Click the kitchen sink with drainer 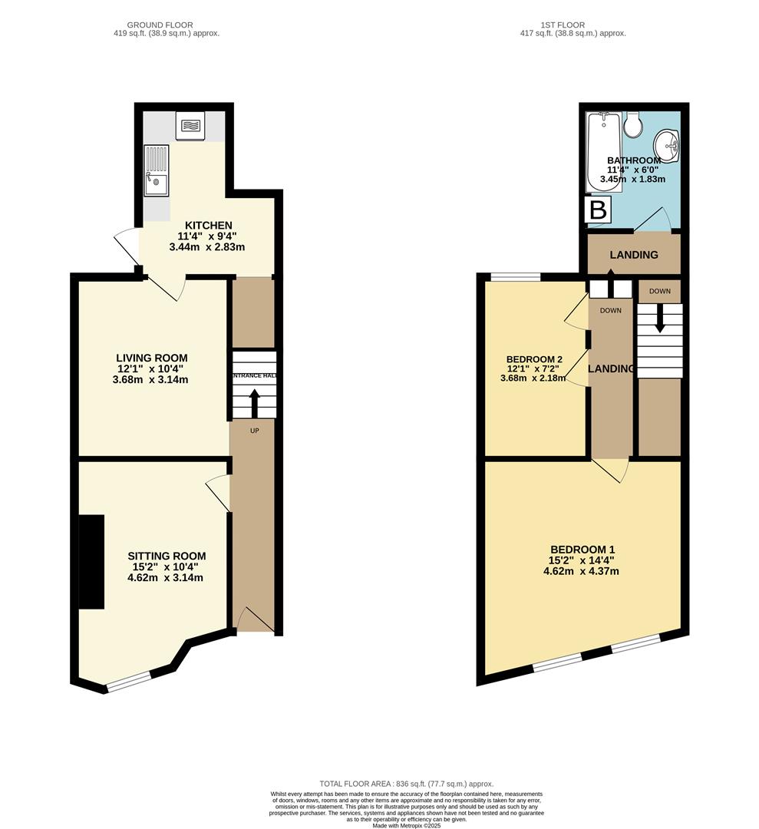pos(157,170)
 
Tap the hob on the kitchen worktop pos(191,126)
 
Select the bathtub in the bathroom pos(604,152)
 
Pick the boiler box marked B pos(598,210)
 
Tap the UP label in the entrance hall pos(254,431)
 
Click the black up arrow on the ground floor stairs pos(254,404)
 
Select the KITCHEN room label pos(208,226)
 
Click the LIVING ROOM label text pos(152,358)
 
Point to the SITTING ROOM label pos(167,556)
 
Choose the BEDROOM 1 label pos(582,550)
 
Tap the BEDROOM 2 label pos(534,359)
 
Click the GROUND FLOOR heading pos(160,25)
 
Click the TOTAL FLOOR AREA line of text pos(406,784)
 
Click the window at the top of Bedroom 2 pos(516,276)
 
